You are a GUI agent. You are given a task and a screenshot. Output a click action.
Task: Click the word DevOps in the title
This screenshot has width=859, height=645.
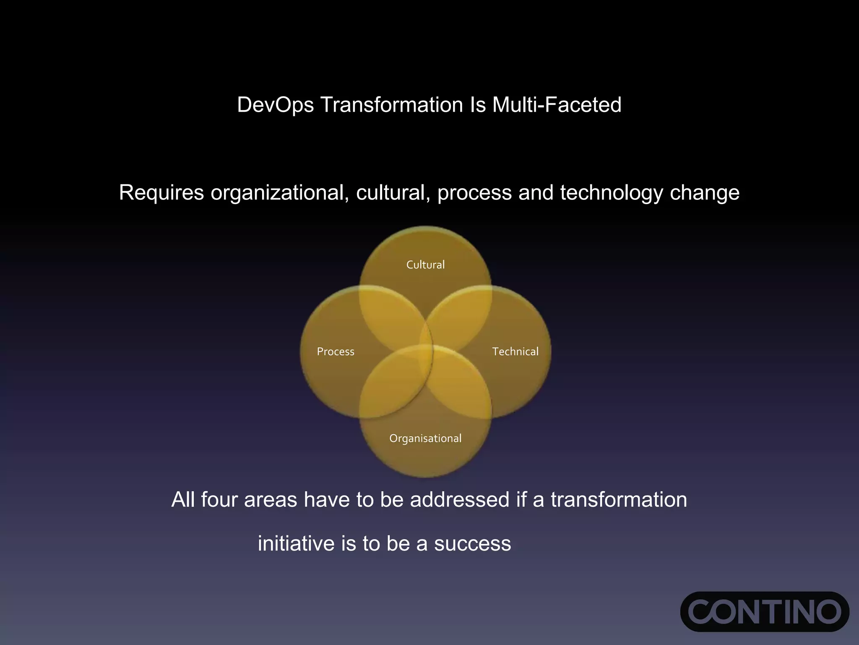point(275,105)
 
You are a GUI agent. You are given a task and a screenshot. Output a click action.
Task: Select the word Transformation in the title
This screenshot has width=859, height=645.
point(392,105)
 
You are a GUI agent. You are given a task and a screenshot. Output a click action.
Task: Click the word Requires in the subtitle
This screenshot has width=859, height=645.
point(161,193)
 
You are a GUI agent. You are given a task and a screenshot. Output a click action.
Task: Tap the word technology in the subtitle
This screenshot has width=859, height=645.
point(611,193)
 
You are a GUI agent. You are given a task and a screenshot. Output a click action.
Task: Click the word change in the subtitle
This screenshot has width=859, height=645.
point(705,193)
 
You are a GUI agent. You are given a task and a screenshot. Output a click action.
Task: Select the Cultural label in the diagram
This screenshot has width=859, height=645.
point(425,265)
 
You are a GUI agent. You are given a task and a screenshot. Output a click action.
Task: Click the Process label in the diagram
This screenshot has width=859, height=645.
point(336,352)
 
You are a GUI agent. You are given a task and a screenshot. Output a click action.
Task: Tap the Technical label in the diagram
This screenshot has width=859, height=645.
point(515,352)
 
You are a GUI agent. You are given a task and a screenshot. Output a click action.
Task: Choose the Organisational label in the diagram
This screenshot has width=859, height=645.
point(425,439)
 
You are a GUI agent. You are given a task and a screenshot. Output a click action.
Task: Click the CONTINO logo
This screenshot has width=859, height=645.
point(764,611)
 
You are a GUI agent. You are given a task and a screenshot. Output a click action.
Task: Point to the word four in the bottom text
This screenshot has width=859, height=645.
point(219,500)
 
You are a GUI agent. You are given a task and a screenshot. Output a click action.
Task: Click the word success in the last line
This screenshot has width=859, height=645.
point(472,544)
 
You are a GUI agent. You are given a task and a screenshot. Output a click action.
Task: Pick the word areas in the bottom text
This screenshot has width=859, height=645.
point(271,500)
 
